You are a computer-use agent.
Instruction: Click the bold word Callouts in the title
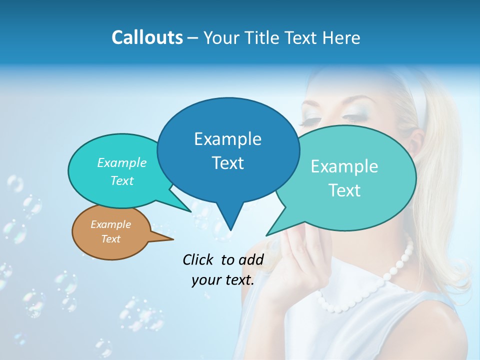point(147,37)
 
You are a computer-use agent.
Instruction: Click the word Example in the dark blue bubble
point(227,139)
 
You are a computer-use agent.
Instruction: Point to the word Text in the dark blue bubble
point(227,163)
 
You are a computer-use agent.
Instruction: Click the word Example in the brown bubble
point(110,224)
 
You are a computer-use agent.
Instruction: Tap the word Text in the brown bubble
point(110,239)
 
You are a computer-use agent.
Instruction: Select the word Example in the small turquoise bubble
point(121,163)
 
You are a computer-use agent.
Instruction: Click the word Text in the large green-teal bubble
point(344,190)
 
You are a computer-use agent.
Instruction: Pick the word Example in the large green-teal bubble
point(344,166)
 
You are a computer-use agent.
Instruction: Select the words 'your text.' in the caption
point(223,280)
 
